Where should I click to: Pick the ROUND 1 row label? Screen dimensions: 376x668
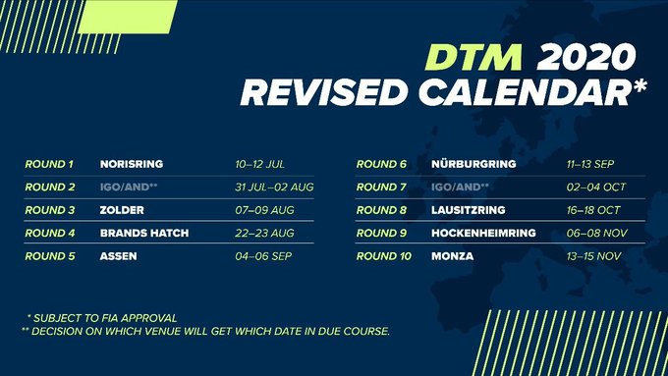pos(49,164)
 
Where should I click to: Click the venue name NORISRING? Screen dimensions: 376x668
pos(132,164)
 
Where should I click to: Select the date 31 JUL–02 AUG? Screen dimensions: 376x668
pos(248,187)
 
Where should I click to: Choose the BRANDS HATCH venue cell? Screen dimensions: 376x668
pos(144,233)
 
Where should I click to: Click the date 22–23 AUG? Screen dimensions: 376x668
pos(237,233)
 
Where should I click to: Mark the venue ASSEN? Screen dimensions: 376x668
pos(118,256)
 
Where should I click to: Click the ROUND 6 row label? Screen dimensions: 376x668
pos(381,164)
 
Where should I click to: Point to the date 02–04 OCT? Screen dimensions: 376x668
pos(569,187)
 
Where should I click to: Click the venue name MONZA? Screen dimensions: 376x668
pos(452,256)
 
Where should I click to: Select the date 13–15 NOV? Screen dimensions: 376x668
pos(569,256)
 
